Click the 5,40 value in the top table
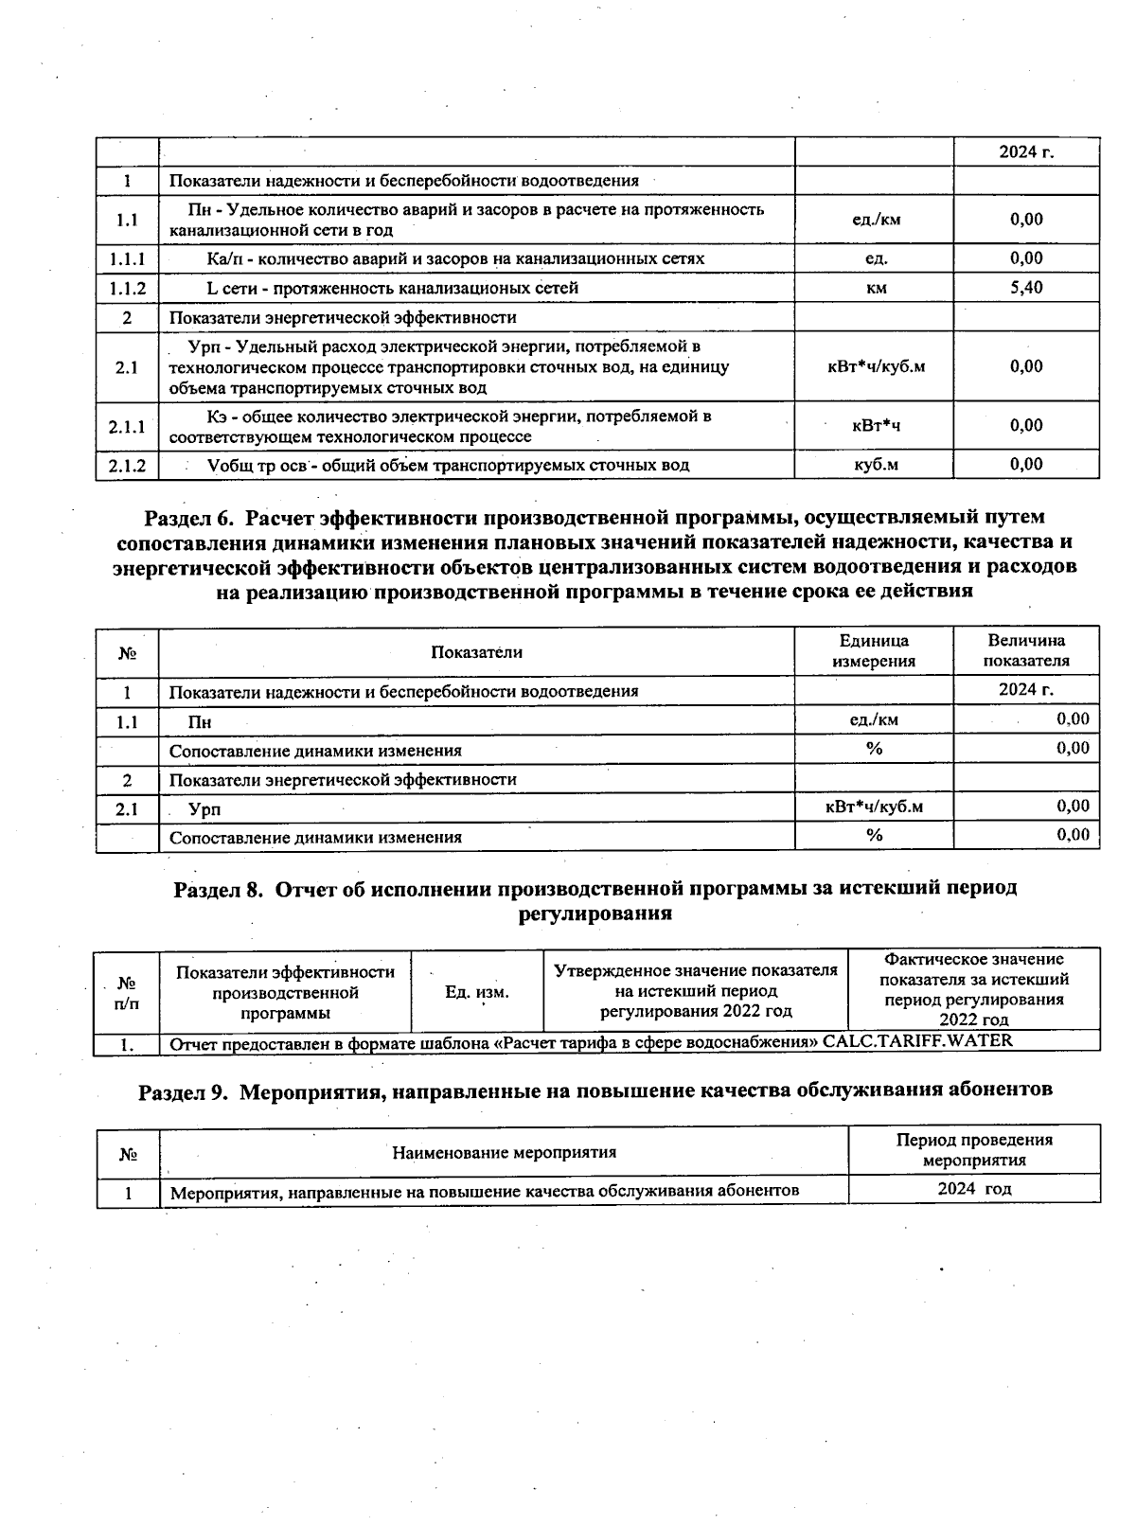tap(1026, 287)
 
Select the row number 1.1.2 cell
tap(127, 288)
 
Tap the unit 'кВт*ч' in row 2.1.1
tap(876, 426)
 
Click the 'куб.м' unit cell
tap(876, 465)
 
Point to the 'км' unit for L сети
tap(876, 288)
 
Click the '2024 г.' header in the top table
tap(1026, 151)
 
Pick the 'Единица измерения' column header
tap(874, 651)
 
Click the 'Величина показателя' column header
tap(1026, 651)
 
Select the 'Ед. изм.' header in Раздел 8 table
tap(477, 992)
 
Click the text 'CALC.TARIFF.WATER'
tap(917, 1041)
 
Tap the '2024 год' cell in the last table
tap(974, 1189)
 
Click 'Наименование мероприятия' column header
tap(504, 1152)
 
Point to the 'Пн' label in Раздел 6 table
tap(200, 722)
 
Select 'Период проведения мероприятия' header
tap(974, 1149)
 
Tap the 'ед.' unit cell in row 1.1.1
tap(876, 258)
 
